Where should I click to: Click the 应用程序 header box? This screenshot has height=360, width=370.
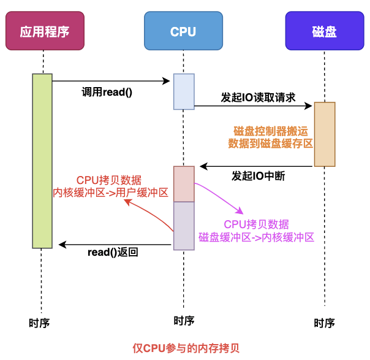tap(43, 31)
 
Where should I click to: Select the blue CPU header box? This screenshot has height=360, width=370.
tap(183, 31)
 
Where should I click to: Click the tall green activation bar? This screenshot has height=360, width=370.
tap(42, 161)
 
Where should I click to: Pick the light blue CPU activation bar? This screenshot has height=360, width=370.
tap(184, 91)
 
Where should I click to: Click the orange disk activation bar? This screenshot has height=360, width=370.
tap(325, 134)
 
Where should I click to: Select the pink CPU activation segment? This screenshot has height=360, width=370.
tap(184, 183)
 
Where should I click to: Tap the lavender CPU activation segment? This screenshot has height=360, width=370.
tap(184, 226)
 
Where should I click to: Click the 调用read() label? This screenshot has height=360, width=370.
tap(107, 92)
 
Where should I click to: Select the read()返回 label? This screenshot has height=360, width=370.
tap(113, 251)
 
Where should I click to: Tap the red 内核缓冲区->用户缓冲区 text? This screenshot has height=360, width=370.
tap(110, 193)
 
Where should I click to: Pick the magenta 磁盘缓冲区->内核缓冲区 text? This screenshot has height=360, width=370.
tap(256, 237)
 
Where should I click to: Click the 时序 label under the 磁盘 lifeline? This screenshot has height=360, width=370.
tap(324, 323)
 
